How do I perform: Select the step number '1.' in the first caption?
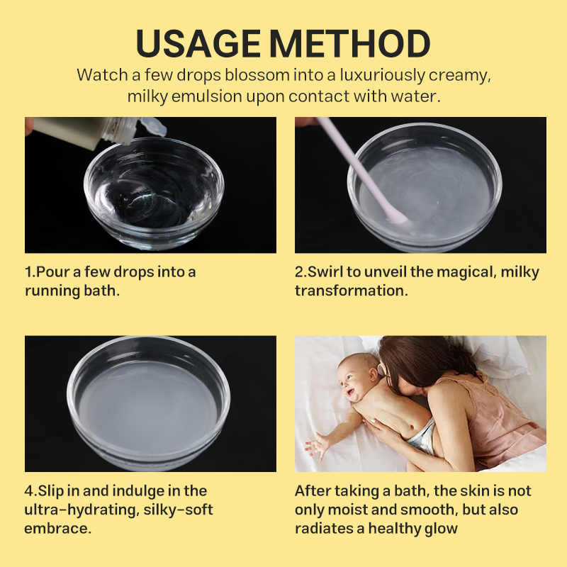click(x=30, y=272)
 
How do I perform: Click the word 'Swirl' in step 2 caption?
click(x=327, y=272)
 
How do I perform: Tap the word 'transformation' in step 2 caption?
click(x=349, y=291)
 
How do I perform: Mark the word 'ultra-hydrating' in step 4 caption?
click(x=77, y=510)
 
